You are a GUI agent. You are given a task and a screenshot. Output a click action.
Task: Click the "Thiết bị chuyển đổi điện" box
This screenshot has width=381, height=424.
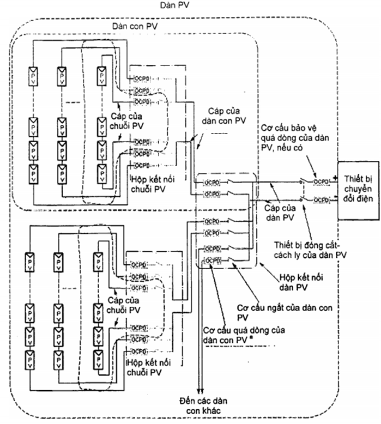pos(358,189)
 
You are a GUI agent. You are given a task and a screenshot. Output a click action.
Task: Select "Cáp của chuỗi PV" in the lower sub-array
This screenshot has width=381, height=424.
pos(128,306)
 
